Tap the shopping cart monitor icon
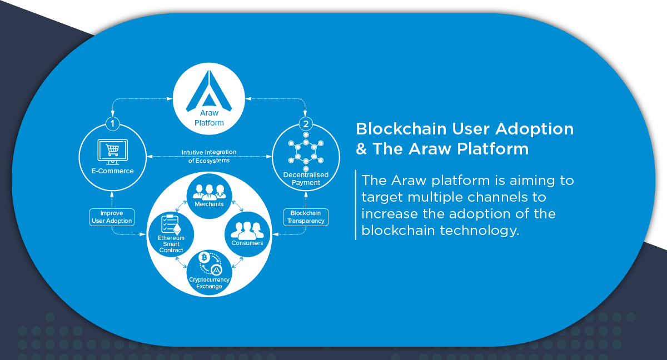click(x=112, y=152)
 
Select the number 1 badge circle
click(x=112, y=123)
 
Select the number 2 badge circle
click(x=306, y=124)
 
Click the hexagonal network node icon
click(x=306, y=152)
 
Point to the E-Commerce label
click(x=112, y=171)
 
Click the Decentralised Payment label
click(x=306, y=178)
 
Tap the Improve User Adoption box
click(x=112, y=217)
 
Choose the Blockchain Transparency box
click(x=306, y=217)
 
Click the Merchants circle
click(x=209, y=196)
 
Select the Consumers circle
click(x=247, y=234)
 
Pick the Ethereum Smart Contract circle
click(x=171, y=234)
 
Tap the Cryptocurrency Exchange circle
click(x=209, y=272)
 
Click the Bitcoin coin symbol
click(x=205, y=257)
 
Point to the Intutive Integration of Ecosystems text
click(x=209, y=156)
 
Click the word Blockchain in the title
click(x=401, y=129)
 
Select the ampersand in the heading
click(x=361, y=149)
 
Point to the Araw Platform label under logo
click(x=209, y=118)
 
